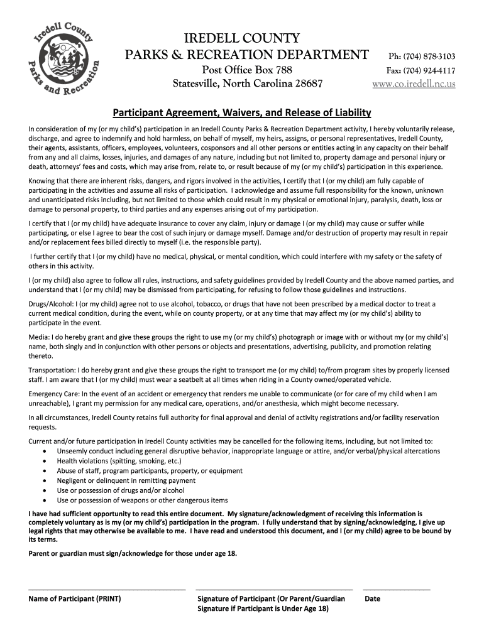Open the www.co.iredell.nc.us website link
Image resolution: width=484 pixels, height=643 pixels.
pyautogui.click(x=414, y=84)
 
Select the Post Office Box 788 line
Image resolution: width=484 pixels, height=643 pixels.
pyautogui.click(x=246, y=70)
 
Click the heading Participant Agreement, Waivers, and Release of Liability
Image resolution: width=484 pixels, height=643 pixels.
pyautogui.click(x=242, y=113)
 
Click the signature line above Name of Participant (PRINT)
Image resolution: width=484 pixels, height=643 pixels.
pyautogui.click(x=107, y=590)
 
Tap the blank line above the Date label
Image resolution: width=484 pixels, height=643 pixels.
pyautogui.click(x=397, y=590)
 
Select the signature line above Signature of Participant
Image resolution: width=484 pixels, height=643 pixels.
pyautogui.click(x=275, y=590)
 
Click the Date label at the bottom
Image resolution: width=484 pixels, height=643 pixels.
pyautogui.click(x=372, y=599)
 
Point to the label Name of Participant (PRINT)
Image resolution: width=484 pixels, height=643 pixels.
pyautogui.click(x=75, y=599)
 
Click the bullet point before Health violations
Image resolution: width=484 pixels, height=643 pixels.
pyautogui.click(x=43, y=461)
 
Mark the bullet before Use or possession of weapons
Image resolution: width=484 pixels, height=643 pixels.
pyautogui.click(x=43, y=500)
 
